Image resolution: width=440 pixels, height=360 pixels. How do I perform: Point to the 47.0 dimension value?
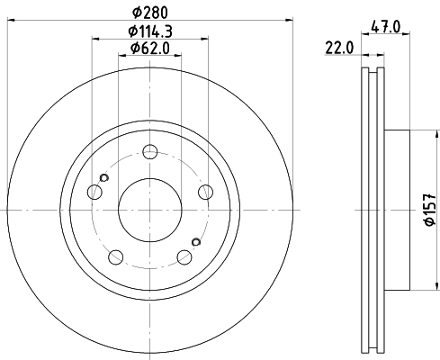point(384,27)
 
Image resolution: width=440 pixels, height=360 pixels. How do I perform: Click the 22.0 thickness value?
point(340,47)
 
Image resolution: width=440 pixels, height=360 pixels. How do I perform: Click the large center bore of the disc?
point(150,209)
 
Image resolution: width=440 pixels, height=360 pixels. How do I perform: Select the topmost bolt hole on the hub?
point(150,151)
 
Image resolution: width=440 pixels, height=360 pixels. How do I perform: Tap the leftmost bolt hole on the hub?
point(94,191)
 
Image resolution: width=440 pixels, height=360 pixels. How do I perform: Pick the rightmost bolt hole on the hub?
point(206,191)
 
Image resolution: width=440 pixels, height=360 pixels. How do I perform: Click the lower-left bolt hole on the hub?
point(116,256)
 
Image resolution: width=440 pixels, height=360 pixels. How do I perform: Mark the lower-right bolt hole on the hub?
point(184,256)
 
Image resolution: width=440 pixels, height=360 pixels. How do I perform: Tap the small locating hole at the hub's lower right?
point(196,240)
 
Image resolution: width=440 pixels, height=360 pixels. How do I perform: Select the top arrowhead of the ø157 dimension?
point(415,135)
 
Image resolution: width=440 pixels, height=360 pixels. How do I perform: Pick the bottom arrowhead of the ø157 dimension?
point(415,285)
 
